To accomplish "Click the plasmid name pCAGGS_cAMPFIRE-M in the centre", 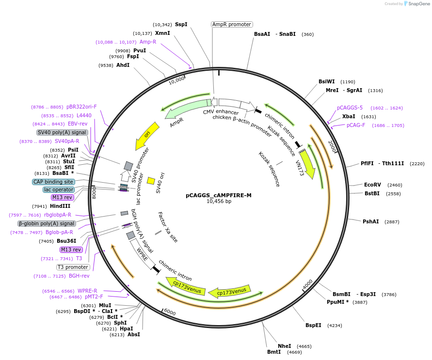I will pyautogui.click(x=219, y=195).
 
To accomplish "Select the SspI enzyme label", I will pyautogui.click(x=181, y=24).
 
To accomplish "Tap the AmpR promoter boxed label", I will pyautogui.click(x=232, y=24).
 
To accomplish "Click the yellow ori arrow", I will pyautogui.click(x=144, y=136).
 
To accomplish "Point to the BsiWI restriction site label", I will pyautogui.click(x=326, y=81).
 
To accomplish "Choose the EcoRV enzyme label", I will pyautogui.click(x=373, y=185).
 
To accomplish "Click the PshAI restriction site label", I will pyautogui.click(x=371, y=221).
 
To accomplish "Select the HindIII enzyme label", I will pyautogui.click(x=60, y=206).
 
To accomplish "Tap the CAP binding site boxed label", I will pyautogui.click(x=53, y=182).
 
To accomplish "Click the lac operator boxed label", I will pyautogui.click(x=59, y=189).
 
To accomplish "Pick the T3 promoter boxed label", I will pyautogui.click(x=73, y=267).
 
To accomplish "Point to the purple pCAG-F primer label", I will pyautogui.click(x=356, y=125).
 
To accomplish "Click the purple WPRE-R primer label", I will pyautogui.click(x=87, y=291).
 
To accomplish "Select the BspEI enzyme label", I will pyautogui.click(x=313, y=325).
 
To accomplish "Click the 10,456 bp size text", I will pyautogui.click(x=219, y=201).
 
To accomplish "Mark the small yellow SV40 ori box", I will pyautogui.click(x=151, y=181).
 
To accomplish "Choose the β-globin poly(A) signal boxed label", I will pyautogui.click(x=47, y=223).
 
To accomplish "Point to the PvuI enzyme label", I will pyautogui.click(x=140, y=50).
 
